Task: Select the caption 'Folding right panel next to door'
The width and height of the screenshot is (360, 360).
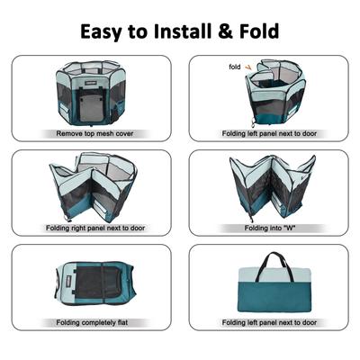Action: [91, 228]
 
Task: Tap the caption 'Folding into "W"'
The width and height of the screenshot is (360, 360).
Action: [270, 228]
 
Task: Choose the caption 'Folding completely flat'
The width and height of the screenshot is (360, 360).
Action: [91, 322]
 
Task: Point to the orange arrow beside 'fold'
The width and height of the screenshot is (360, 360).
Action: [250, 66]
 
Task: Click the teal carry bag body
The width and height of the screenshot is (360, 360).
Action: [270, 297]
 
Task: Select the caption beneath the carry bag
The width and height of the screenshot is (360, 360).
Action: [270, 322]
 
